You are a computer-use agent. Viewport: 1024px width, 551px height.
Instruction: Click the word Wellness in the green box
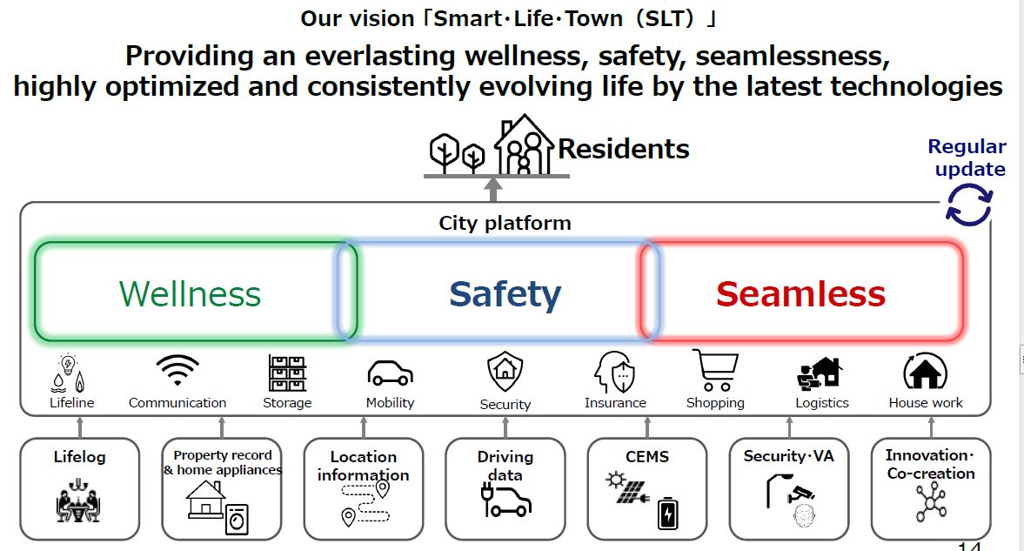[x=190, y=294]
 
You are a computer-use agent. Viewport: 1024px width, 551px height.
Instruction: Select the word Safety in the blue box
[x=505, y=295]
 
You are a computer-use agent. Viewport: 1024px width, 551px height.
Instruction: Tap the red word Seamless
[x=800, y=294]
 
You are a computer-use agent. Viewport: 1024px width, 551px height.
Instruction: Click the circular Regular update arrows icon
[x=969, y=205]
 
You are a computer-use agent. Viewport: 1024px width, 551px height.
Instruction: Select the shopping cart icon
[x=715, y=370]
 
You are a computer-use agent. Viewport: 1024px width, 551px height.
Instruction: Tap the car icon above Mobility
[x=390, y=374]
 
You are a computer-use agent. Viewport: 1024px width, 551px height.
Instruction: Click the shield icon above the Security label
[x=505, y=372]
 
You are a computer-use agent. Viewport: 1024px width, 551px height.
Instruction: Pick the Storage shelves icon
[x=287, y=373]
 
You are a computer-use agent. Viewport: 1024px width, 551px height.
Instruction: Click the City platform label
[x=505, y=224]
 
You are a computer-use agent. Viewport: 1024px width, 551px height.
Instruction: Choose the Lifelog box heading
[x=80, y=457]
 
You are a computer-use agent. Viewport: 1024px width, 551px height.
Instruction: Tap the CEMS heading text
[x=647, y=457]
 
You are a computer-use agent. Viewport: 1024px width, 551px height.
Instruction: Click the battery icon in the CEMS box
[x=667, y=514]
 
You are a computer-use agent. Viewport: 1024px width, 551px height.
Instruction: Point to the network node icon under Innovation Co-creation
[x=931, y=502]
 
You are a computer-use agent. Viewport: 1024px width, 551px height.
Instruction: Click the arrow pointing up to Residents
[x=493, y=190]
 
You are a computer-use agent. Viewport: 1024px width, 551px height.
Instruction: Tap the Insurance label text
[x=615, y=403]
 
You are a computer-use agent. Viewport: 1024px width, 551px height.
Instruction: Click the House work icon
[x=926, y=372]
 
